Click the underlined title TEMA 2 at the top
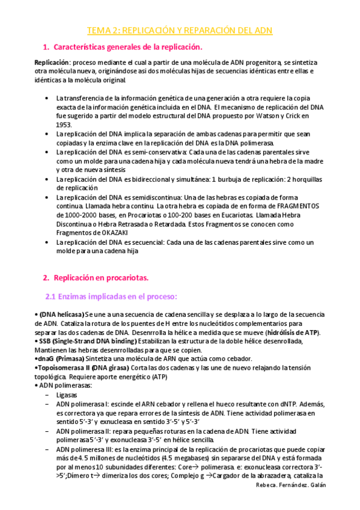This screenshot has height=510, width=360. click(180, 30)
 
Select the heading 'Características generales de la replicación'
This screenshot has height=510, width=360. click(128, 47)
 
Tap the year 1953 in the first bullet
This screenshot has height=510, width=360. click(64, 124)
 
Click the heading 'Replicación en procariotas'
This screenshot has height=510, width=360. click(100, 277)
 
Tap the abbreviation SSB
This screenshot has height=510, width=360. click(47, 342)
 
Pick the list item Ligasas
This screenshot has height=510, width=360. click(68, 395)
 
